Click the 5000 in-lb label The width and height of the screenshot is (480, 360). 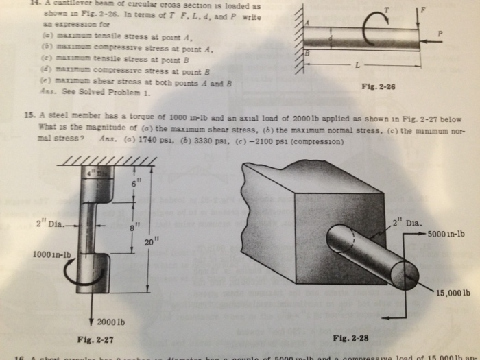[446, 234]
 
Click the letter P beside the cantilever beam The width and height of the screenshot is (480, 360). [441, 32]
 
